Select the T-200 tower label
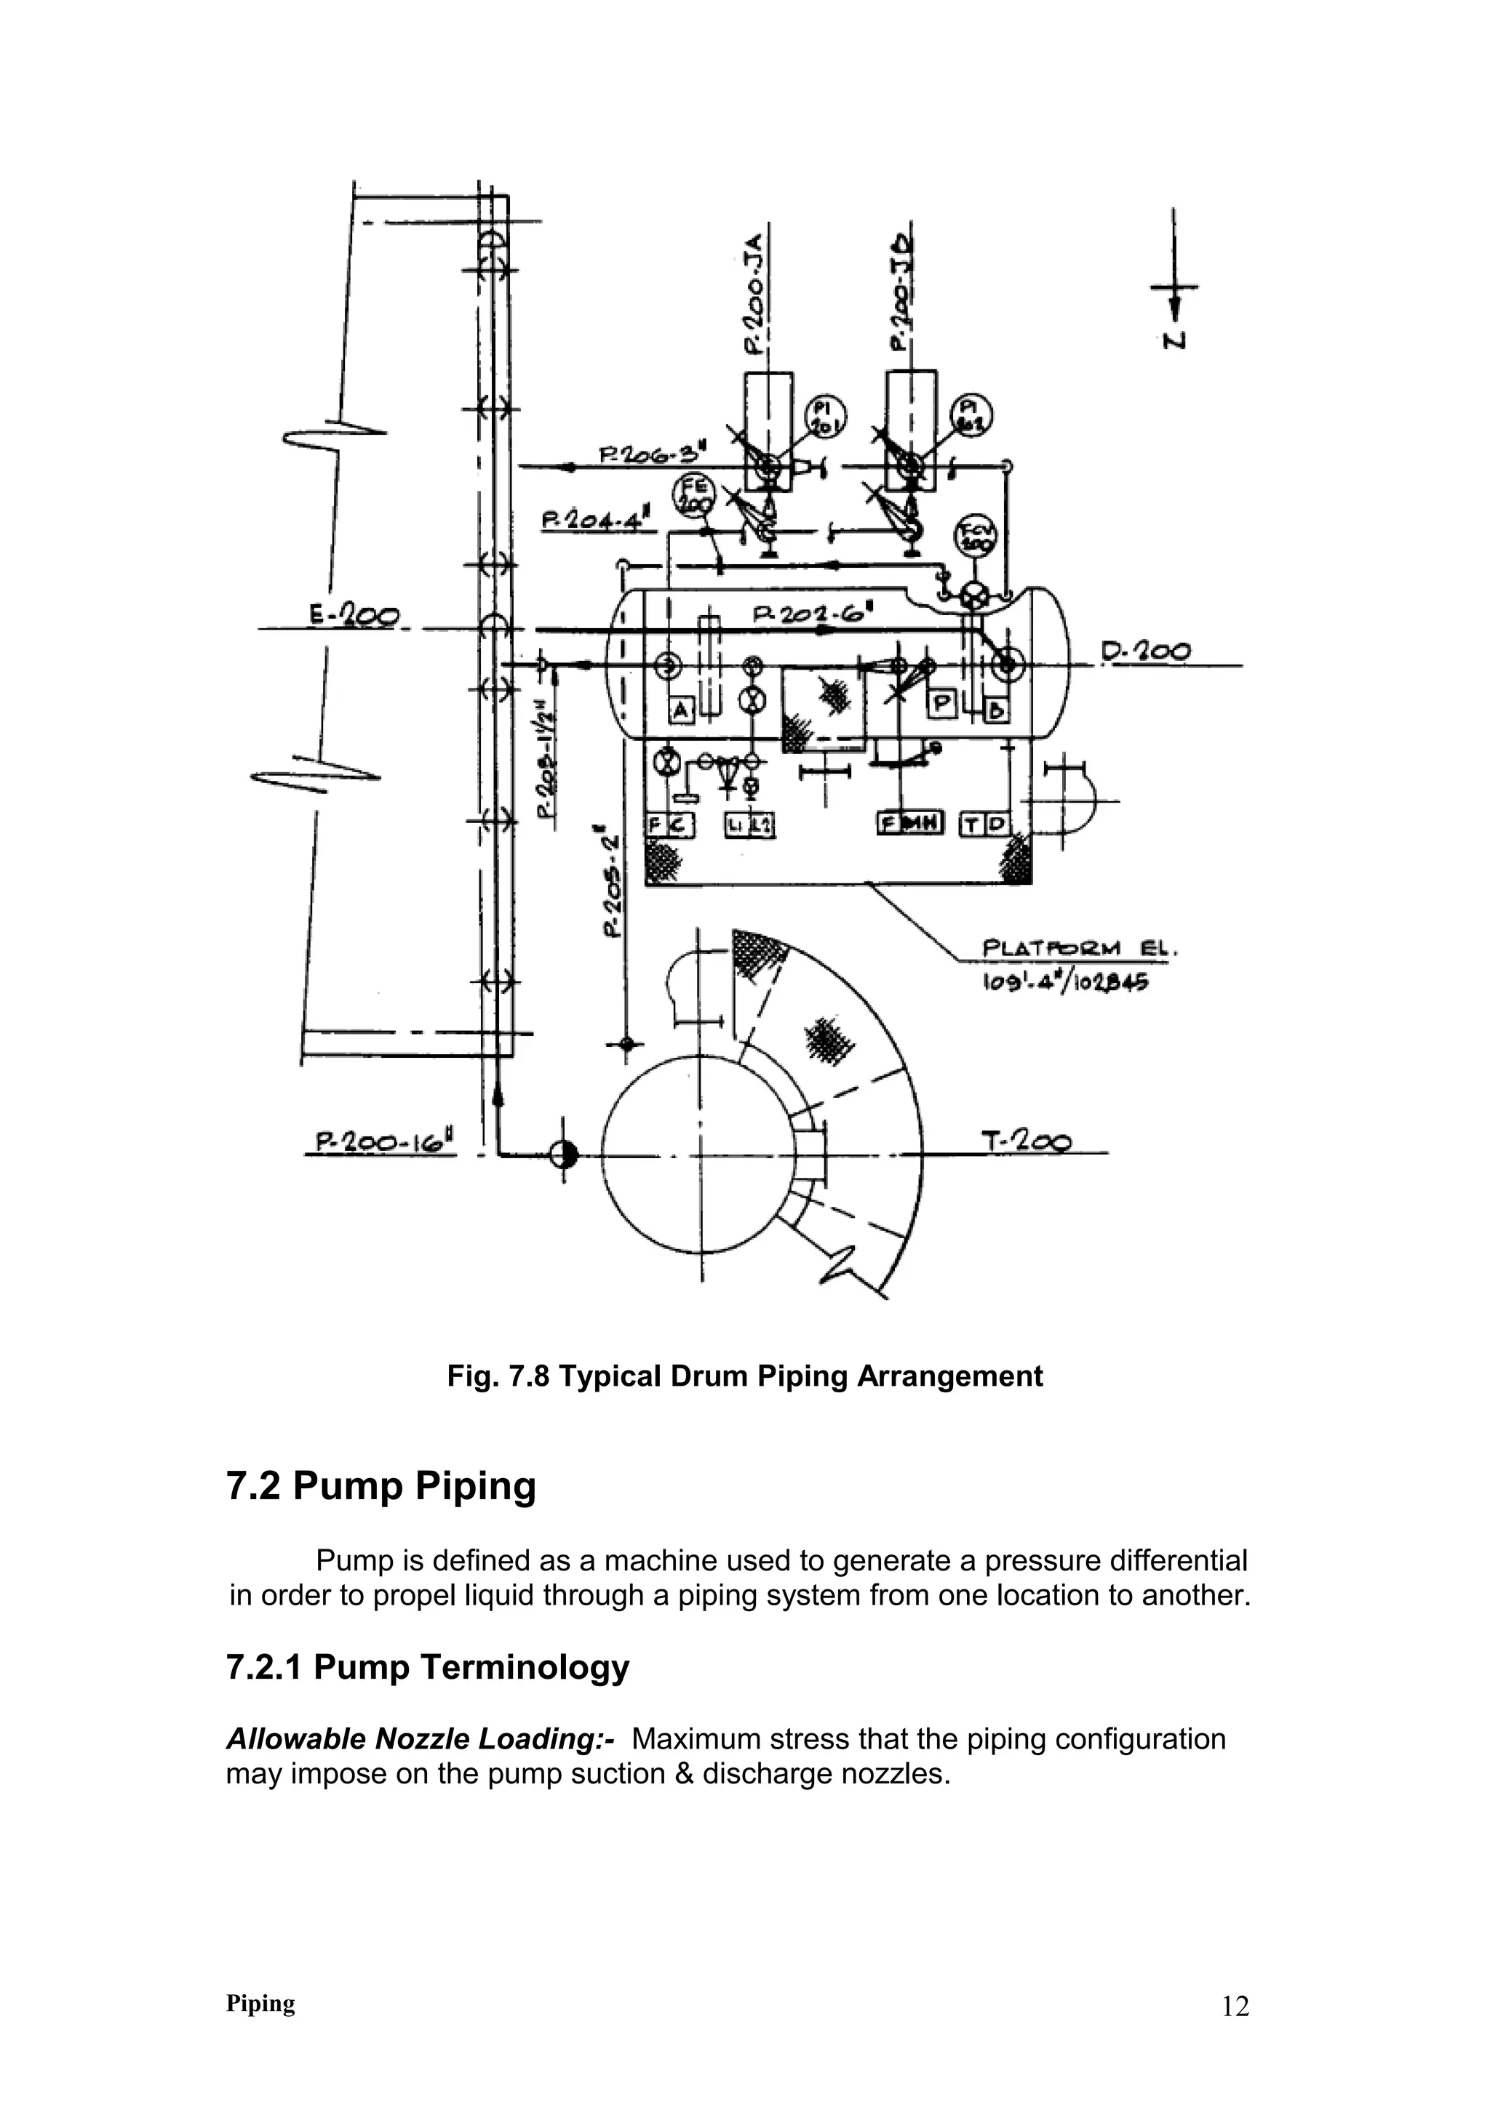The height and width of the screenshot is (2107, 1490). point(1025,1141)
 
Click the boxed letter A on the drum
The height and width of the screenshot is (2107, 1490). point(680,708)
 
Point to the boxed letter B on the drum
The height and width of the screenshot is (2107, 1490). point(997,708)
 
